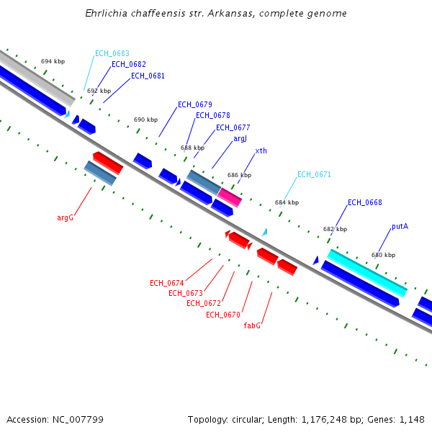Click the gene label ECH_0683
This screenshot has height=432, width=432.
pyautogui.click(x=112, y=54)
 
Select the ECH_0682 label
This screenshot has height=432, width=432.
pyautogui.click(x=128, y=65)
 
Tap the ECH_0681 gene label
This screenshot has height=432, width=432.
pyautogui.click(x=148, y=76)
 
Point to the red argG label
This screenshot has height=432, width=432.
pyautogui.click(x=66, y=217)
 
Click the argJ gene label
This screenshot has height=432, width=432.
pyautogui.click(x=240, y=139)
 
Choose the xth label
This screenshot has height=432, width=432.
pyautogui.click(x=261, y=151)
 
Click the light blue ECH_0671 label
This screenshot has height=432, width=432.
pyautogui.click(x=314, y=175)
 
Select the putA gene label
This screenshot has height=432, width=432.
pyautogui.click(x=400, y=227)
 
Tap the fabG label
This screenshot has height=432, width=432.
pyautogui.click(x=252, y=326)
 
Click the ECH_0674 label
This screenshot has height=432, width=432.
pyautogui.click(x=167, y=283)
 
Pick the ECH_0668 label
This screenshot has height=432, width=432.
pyautogui.click(x=365, y=203)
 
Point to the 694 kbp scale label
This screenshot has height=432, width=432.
pyautogui.click(x=53, y=62)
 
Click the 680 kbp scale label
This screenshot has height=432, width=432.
pyautogui.click(x=383, y=256)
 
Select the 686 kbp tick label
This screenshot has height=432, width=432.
pyautogui.click(x=239, y=175)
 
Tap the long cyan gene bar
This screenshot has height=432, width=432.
pyautogui.click(x=367, y=273)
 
